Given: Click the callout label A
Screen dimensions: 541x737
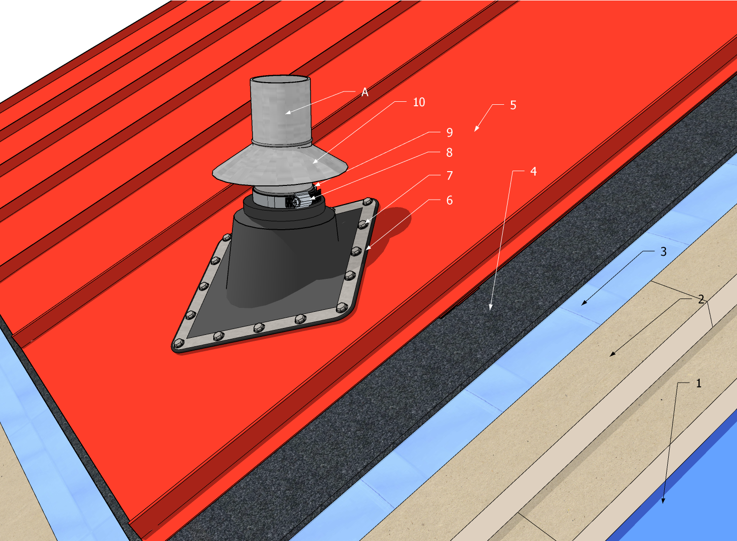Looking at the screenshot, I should pyautogui.click(x=365, y=92).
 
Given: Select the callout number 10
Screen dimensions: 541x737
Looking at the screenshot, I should pyautogui.click(x=419, y=102).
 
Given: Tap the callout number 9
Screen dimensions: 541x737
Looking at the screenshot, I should pyautogui.click(x=449, y=133).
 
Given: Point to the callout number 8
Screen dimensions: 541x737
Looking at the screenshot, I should pyautogui.click(x=449, y=153).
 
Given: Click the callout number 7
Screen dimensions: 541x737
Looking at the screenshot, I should pyautogui.click(x=449, y=176).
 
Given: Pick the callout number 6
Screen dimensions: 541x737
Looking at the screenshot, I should pyautogui.click(x=449, y=201).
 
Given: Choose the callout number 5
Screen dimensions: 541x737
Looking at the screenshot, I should pyautogui.click(x=513, y=105).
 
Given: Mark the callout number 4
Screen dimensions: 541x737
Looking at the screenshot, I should pyautogui.click(x=534, y=172).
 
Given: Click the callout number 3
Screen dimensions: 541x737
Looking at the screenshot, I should pyautogui.click(x=663, y=252).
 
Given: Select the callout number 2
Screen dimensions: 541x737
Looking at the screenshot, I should pyautogui.click(x=701, y=299).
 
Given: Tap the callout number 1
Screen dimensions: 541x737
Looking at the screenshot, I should pyautogui.click(x=699, y=384).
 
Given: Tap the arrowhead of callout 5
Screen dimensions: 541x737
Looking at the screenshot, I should pyautogui.click(x=475, y=131).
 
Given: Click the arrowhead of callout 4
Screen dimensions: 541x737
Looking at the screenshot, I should pyautogui.click(x=490, y=309).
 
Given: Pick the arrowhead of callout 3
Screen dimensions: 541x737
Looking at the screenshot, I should pyautogui.click(x=583, y=304).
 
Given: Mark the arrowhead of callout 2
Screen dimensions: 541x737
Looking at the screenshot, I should pyautogui.click(x=611, y=355).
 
